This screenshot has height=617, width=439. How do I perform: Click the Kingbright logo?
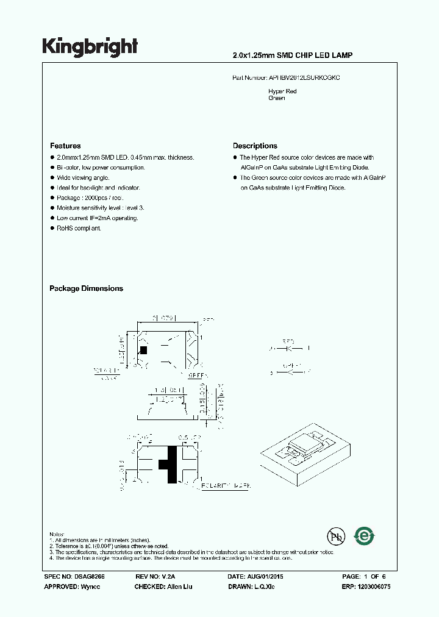90,46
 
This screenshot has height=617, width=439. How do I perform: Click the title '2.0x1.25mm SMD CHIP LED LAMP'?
293,55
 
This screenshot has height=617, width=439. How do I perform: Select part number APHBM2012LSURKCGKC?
305,79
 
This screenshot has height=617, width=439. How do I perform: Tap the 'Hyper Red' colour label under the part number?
282,91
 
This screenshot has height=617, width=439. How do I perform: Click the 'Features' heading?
65,146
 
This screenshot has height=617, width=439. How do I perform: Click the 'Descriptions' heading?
255,146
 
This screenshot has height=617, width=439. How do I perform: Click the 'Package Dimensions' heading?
86,288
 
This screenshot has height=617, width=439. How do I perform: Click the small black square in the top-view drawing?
144,350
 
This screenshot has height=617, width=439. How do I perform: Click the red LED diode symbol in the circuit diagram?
288,349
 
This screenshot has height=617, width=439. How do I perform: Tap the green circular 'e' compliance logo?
365,536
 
